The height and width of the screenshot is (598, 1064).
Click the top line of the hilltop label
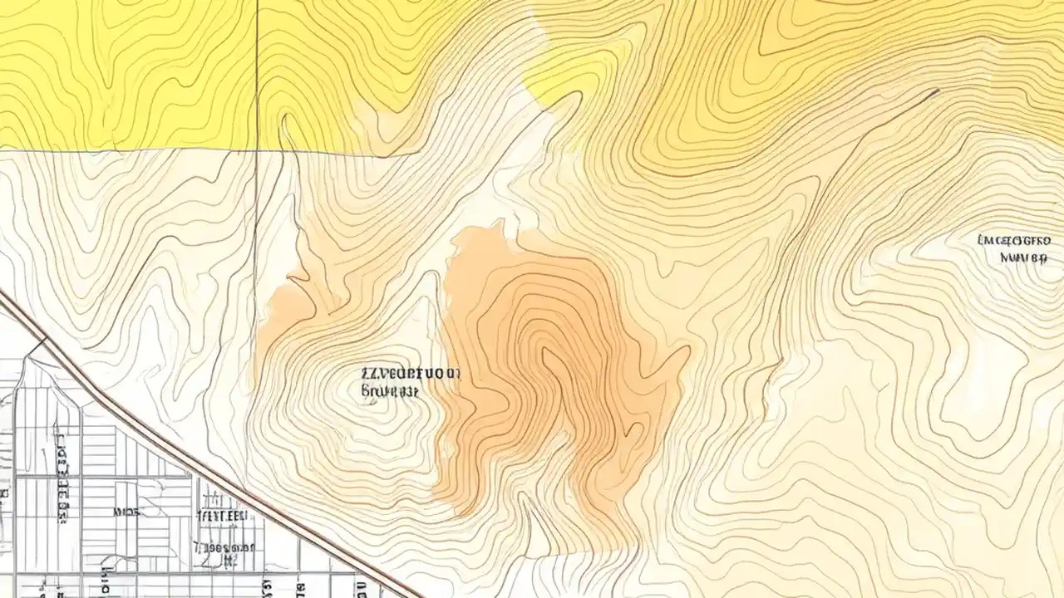click(x=411, y=375)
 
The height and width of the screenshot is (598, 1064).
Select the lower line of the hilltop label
click(x=389, y=389)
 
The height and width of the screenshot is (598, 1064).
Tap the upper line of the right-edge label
click(x=1012, y=241)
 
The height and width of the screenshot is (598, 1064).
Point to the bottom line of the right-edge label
click(x=1022, y=257)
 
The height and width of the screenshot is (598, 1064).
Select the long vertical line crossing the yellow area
click(x=257, y=75)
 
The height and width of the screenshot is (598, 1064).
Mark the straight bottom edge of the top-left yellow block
click(x=125, y=150)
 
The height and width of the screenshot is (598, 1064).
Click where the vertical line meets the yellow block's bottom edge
click(x=257, y=151)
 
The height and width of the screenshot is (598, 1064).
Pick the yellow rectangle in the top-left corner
click(x=125, y=75)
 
